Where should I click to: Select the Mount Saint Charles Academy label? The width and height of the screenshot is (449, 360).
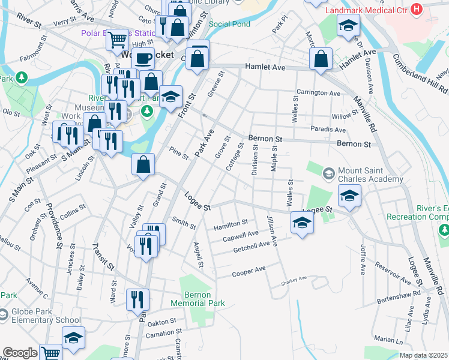370,175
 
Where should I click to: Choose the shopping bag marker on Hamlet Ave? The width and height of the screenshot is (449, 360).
322,59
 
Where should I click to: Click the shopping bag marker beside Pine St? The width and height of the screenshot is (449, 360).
143,165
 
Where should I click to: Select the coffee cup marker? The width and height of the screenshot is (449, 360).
143,58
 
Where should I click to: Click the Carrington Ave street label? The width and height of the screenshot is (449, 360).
318,94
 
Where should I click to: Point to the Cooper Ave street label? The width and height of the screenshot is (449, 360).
249,272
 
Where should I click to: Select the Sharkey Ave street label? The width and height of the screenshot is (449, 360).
294,279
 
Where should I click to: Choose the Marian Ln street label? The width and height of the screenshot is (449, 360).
387,339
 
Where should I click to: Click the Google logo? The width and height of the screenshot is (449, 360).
20,353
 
